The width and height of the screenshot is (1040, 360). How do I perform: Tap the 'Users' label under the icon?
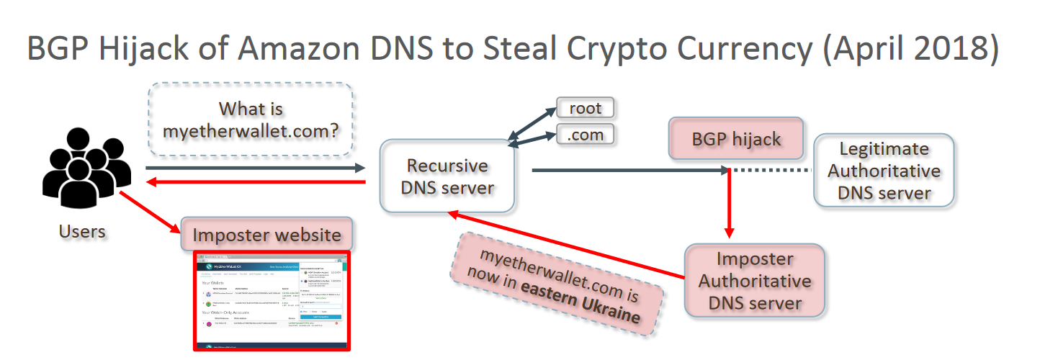point(82,231)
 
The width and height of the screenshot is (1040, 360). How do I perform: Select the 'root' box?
point(585,109)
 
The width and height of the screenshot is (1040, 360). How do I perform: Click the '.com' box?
point(585,134)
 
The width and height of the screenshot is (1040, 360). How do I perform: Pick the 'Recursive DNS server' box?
point(447,176)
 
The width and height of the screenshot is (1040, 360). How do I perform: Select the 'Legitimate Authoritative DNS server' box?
point(884,171)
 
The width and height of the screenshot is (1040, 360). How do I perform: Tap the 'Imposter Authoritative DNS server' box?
point(755,281)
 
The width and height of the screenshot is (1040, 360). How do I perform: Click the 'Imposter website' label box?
point(266,235)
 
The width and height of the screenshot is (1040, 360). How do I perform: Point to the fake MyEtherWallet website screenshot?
point(272,301)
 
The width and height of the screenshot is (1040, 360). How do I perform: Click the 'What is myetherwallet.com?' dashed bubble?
point(251,120)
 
